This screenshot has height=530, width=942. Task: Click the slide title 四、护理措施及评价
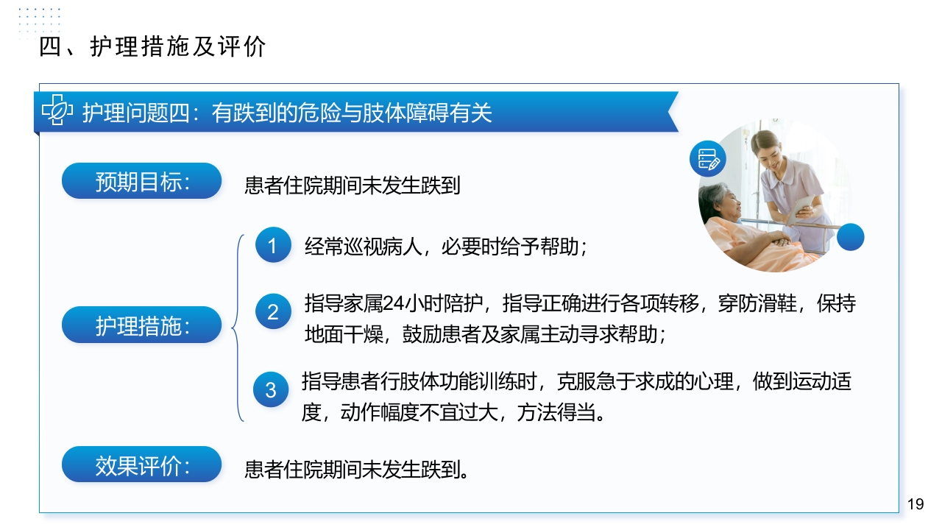[152, 47]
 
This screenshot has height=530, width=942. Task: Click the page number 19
[915, 504]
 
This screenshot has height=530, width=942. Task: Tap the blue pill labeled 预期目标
[141, 181]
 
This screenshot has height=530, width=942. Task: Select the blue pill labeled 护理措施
[141, 325]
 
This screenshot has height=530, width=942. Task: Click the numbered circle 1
[273, 245]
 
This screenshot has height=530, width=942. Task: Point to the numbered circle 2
[273, 311]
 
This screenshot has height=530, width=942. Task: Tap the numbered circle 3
[271, 389]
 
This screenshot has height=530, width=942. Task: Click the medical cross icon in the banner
[57, 111]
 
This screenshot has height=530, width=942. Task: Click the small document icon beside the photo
[707, 159]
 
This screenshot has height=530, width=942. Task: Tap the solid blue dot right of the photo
[851, 237]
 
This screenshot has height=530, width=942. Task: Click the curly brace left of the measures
[238, 328]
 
